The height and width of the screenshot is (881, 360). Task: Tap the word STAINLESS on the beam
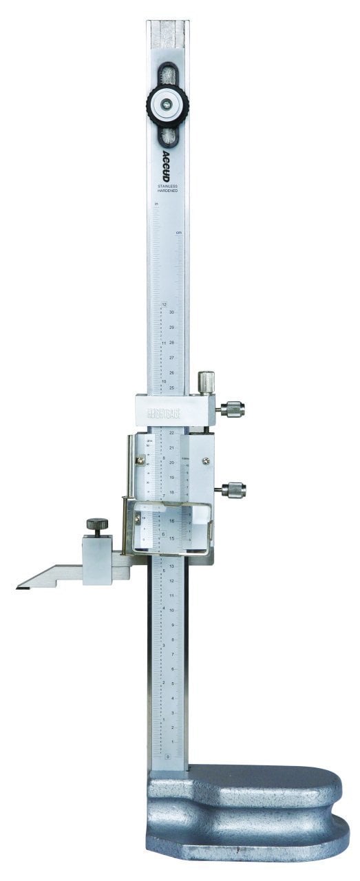click(x=167, y=185)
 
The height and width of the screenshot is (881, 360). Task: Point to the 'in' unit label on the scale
click(x=157, y=205)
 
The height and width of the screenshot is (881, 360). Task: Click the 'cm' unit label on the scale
click(x=178, y=233)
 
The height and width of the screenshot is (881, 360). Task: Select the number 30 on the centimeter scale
click(x=171, y=312)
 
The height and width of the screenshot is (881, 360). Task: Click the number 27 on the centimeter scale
click(x=171, y=358)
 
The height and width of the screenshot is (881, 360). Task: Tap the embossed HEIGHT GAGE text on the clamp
click(x=164, y=415)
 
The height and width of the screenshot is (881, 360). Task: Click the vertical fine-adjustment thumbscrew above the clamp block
click(x=205, y=381)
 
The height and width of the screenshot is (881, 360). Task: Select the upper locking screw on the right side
click(x=232, y=410)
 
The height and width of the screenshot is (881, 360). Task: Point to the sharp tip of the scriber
click(x=19, y=587)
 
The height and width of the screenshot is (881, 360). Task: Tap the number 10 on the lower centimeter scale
click(x=171, y=611)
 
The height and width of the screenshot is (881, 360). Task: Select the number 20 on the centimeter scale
click(x=171, y=463)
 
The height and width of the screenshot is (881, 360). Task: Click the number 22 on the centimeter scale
click(x=171, y=433)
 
